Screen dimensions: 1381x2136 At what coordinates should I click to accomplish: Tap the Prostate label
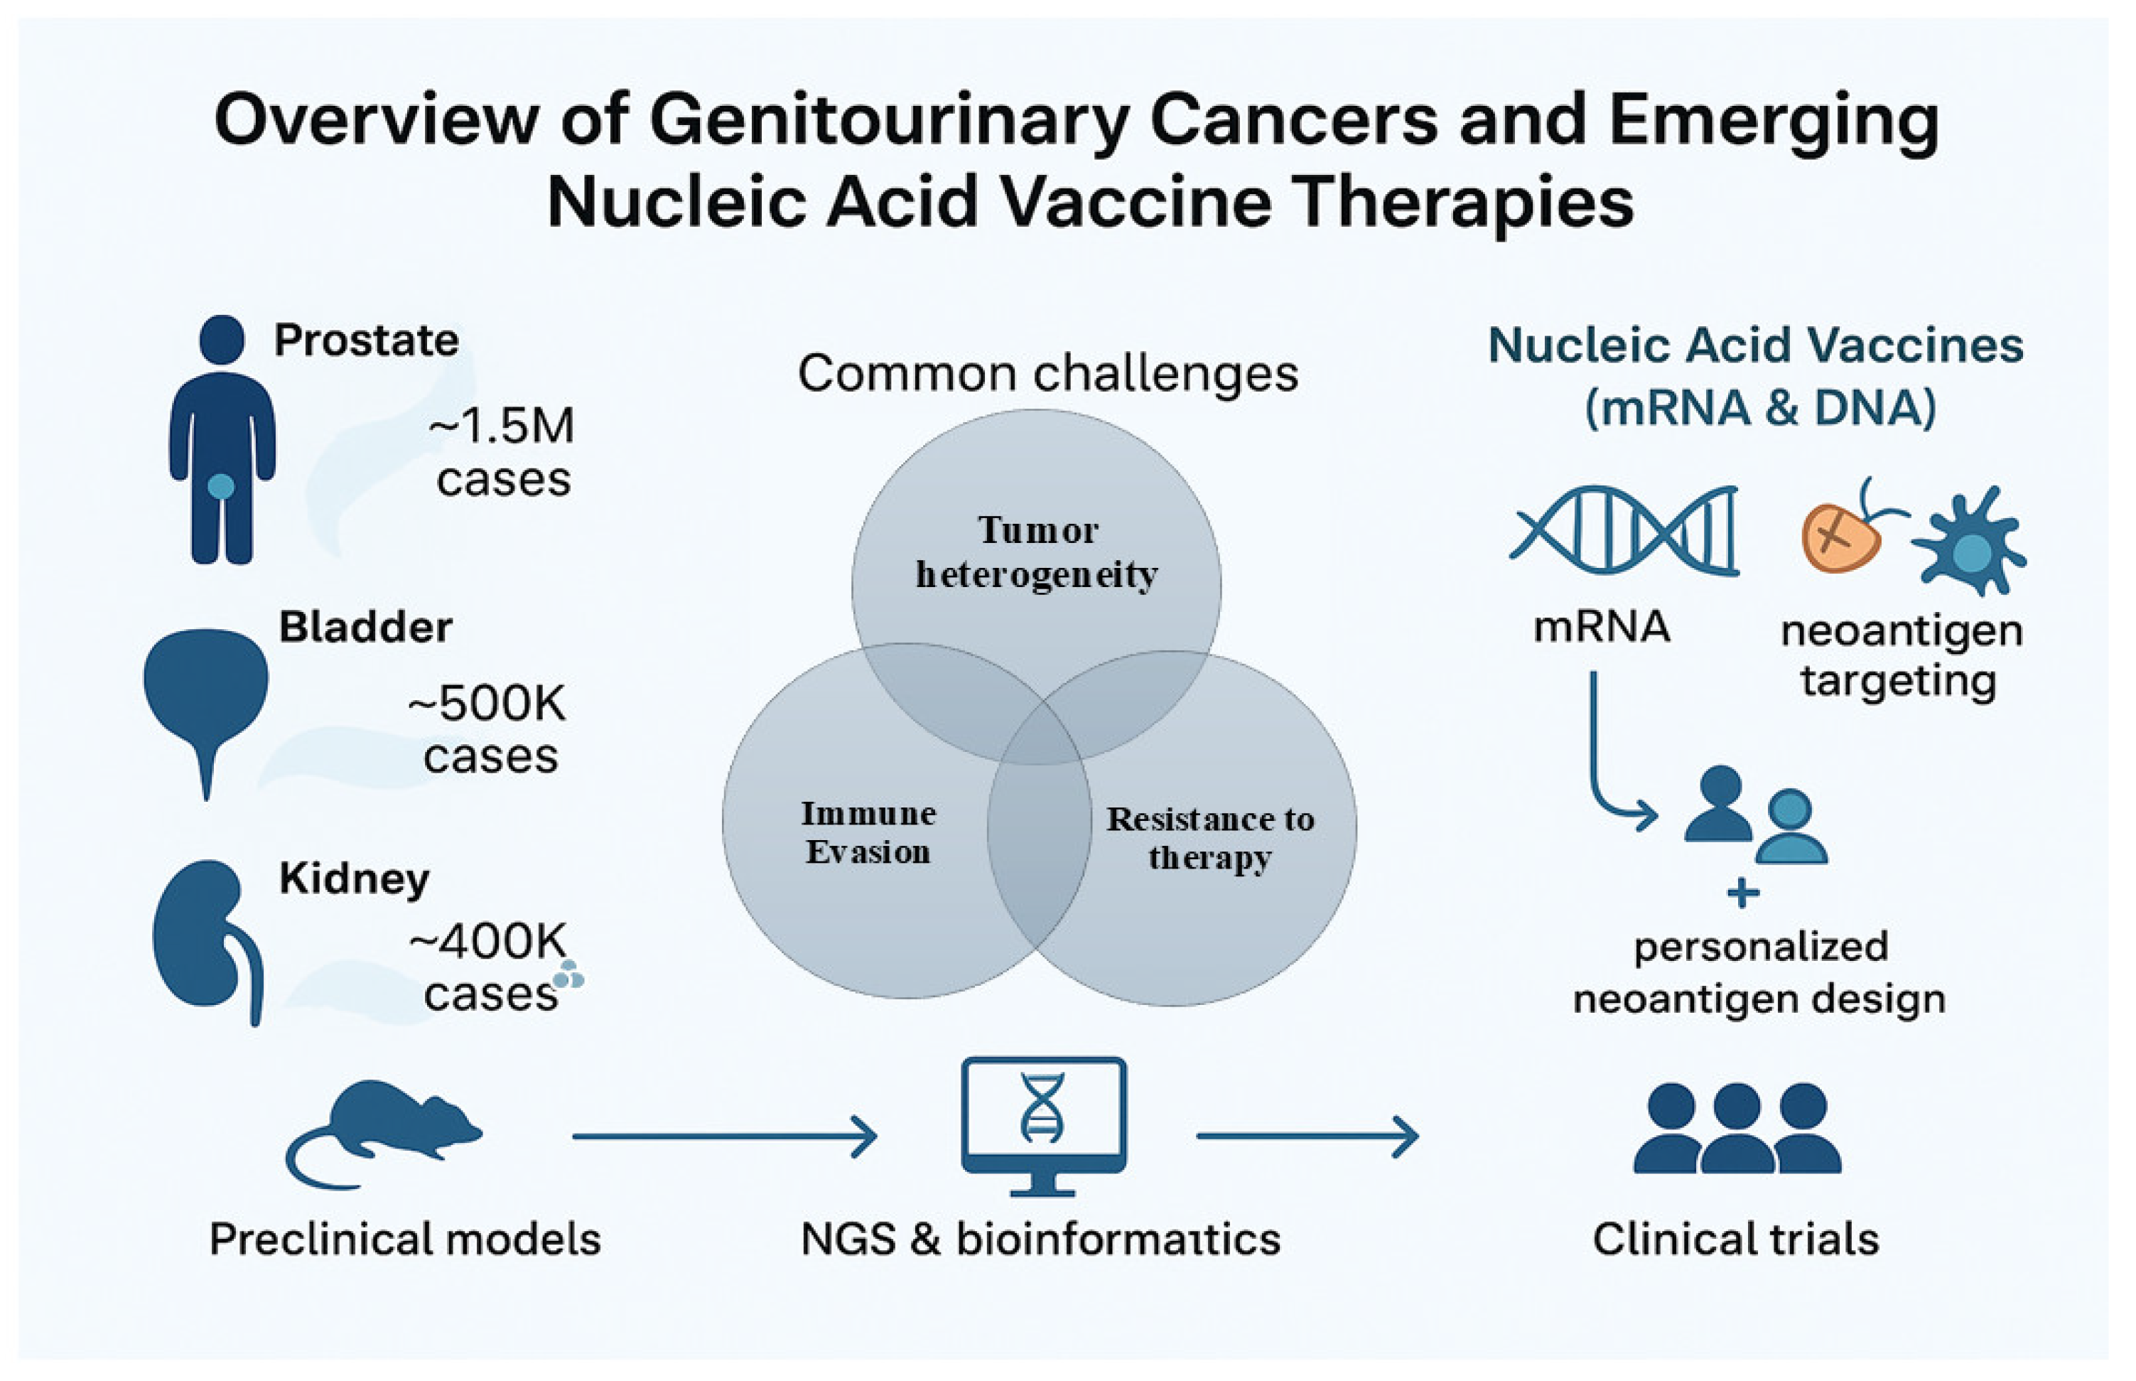(x=366, y=340)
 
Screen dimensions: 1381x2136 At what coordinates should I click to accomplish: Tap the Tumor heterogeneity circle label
(x=1036, y=552)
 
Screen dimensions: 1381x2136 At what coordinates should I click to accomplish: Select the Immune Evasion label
(x=868, y=832)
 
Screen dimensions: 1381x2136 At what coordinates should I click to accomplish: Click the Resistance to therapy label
(x=1209, y=837)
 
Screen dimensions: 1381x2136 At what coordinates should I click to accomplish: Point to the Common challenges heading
(x=1047, y=373)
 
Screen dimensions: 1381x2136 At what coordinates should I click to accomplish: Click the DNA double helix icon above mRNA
(x=1624, y=530)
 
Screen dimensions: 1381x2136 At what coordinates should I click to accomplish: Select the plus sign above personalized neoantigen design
(x=1742, y=893)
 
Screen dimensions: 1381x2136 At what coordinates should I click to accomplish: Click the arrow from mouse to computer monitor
(x=724, y=1136)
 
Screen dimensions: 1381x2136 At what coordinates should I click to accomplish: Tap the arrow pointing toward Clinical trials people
(x=1307, y=1136)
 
